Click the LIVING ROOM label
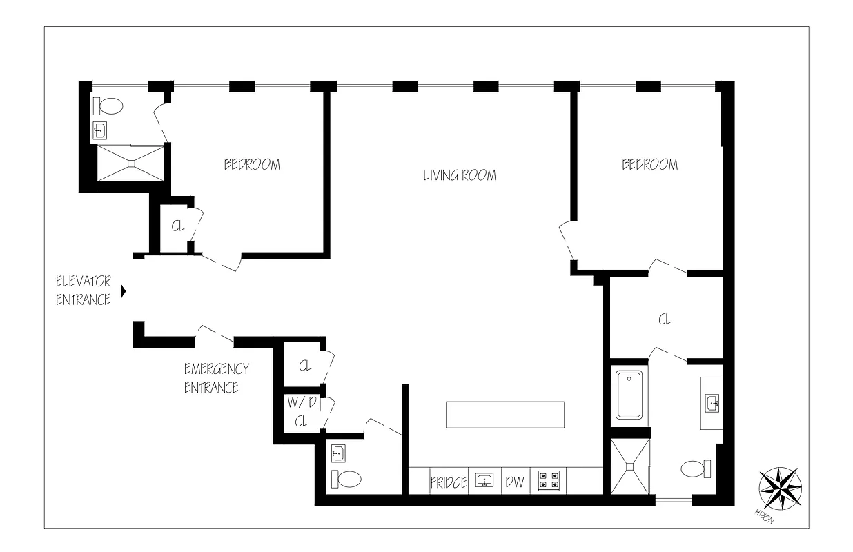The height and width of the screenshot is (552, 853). (x=459, y=175)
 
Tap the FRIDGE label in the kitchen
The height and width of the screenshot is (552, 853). (x=449, y=482)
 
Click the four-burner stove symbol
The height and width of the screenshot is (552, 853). (x=549, y=480)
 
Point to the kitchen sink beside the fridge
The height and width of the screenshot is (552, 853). (x=484, y=480)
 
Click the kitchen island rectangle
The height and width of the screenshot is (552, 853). (x=505, y=415)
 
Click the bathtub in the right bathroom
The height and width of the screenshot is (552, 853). (x=629, y=395)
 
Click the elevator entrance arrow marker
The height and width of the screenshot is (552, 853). (x=124, y=291)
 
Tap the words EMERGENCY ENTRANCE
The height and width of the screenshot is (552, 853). (x=216, y=378)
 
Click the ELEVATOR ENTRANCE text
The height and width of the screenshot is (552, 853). (x=83, y=290)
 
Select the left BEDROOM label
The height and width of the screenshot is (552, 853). (x=252, y=165)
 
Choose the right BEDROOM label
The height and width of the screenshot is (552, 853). (x=649, y=165)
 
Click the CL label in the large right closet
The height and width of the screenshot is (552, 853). (x=665, y=319)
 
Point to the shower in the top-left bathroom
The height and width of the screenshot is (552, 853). (x=130, y=164)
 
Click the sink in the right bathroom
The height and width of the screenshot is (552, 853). (x=712, y=402)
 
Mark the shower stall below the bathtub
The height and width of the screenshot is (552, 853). (x=629, y=466)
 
